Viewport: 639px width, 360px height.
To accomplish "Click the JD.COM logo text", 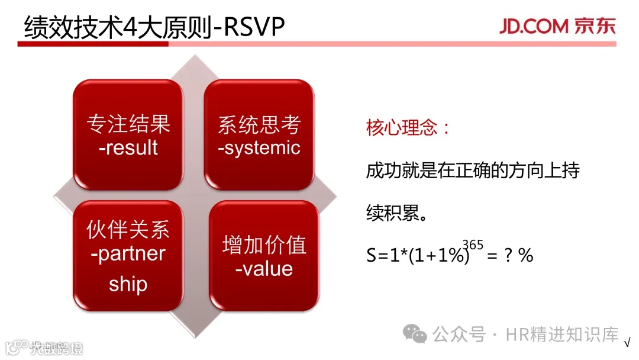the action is click(x=534, y=26).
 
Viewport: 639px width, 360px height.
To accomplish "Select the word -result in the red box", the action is click(x=128, y=147).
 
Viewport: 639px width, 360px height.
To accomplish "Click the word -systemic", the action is click(x=259, y=148).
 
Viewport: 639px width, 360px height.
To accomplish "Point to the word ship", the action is click(x=128, y=284).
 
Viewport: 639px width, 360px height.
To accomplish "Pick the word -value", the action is click(x=264, y=269).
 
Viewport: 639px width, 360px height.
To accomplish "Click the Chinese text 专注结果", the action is click(x=128, y=124).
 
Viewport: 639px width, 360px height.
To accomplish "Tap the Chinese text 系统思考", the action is click(x=259, y=124).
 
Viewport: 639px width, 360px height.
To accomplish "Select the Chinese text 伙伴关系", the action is click(x=128, y=230).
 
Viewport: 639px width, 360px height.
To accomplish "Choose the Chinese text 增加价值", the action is click(x=264, y=245).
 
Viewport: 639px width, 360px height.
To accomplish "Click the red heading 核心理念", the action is click(x=402, y=128).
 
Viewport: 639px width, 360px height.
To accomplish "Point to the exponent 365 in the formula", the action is click(x=473, y=245).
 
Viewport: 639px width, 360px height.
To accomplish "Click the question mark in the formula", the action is click(x=508, y=255).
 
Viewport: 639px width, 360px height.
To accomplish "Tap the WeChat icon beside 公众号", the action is click(x=414, y=334).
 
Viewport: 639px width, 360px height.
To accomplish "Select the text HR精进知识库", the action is click(x=562, y=335).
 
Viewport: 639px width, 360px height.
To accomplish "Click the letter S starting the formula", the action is click(x=371, y=256).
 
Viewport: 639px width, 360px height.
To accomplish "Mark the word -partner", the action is click(x=128, y=254).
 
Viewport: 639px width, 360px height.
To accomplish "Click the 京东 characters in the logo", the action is click(x=595, y=26).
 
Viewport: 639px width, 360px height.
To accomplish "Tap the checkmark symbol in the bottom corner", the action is click(x=627, y=342).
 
